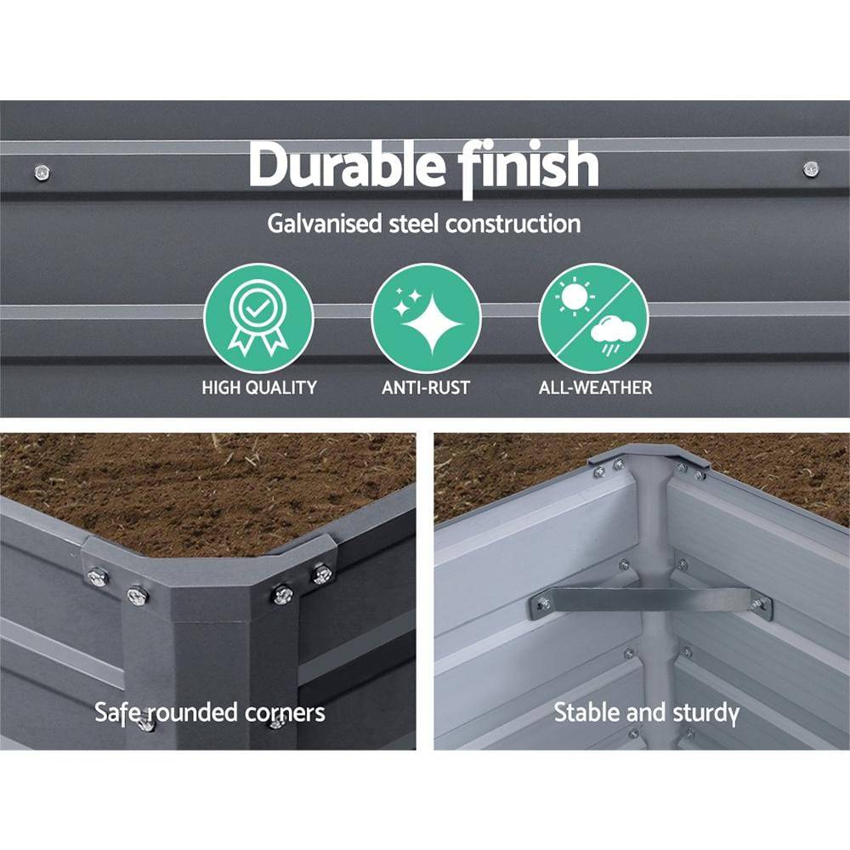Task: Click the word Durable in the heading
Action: (x=347, y=165)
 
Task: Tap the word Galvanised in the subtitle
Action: (x=325, y=224)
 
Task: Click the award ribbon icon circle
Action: (x=258, y=318)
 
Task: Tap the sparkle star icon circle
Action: (x=426, y=318)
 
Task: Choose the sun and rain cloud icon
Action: (x=593, y=318)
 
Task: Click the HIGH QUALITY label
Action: (x=259, y=388)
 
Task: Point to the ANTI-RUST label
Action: (x=426, y=388)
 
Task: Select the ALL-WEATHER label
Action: (x=595, y=388)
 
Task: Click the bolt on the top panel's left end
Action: (x=41, y=173)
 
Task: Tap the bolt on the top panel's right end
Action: (x=810, y=168)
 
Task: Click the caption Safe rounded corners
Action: (x=210, y=712)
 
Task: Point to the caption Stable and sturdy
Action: (x=646, y=712)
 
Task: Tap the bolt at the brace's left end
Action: (x=542, y=603)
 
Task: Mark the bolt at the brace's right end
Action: (x=756, y=603)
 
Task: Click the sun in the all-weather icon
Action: (x=574, y=296)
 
